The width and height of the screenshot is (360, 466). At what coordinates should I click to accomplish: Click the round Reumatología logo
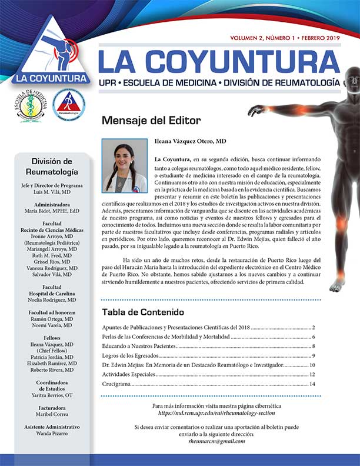click(x=68, y=105)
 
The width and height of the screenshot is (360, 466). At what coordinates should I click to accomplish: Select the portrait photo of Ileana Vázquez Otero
click(x=124, y=165)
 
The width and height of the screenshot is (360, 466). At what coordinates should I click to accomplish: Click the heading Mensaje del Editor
click(x=151, y=121)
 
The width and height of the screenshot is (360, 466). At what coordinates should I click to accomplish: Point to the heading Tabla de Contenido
click(x=143, y=311)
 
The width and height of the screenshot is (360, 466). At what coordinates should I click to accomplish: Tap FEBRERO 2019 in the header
click(x=321, y=37)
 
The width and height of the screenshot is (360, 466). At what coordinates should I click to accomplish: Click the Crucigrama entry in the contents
click(x=116, y=384)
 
